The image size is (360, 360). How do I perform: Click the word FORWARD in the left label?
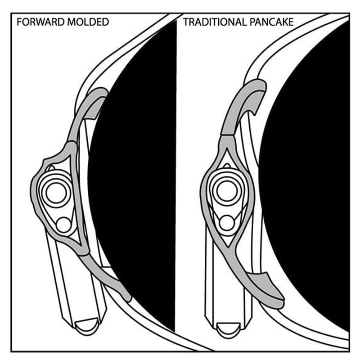pos(41,22)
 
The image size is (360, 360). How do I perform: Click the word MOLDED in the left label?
pos(88,22)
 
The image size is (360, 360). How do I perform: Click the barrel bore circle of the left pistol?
pos(56,193)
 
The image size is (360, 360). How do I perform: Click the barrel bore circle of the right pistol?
pos(227,191)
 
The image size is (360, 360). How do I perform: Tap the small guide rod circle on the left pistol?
pos(63,225)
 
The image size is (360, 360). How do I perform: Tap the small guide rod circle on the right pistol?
pos(227,223)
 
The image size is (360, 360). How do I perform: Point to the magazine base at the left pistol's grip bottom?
pos(87,326)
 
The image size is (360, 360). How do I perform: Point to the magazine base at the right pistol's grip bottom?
pos(229,330)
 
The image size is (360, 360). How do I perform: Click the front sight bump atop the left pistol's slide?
pos(51,168)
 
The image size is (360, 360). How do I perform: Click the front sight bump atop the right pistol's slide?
pos(227,166)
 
